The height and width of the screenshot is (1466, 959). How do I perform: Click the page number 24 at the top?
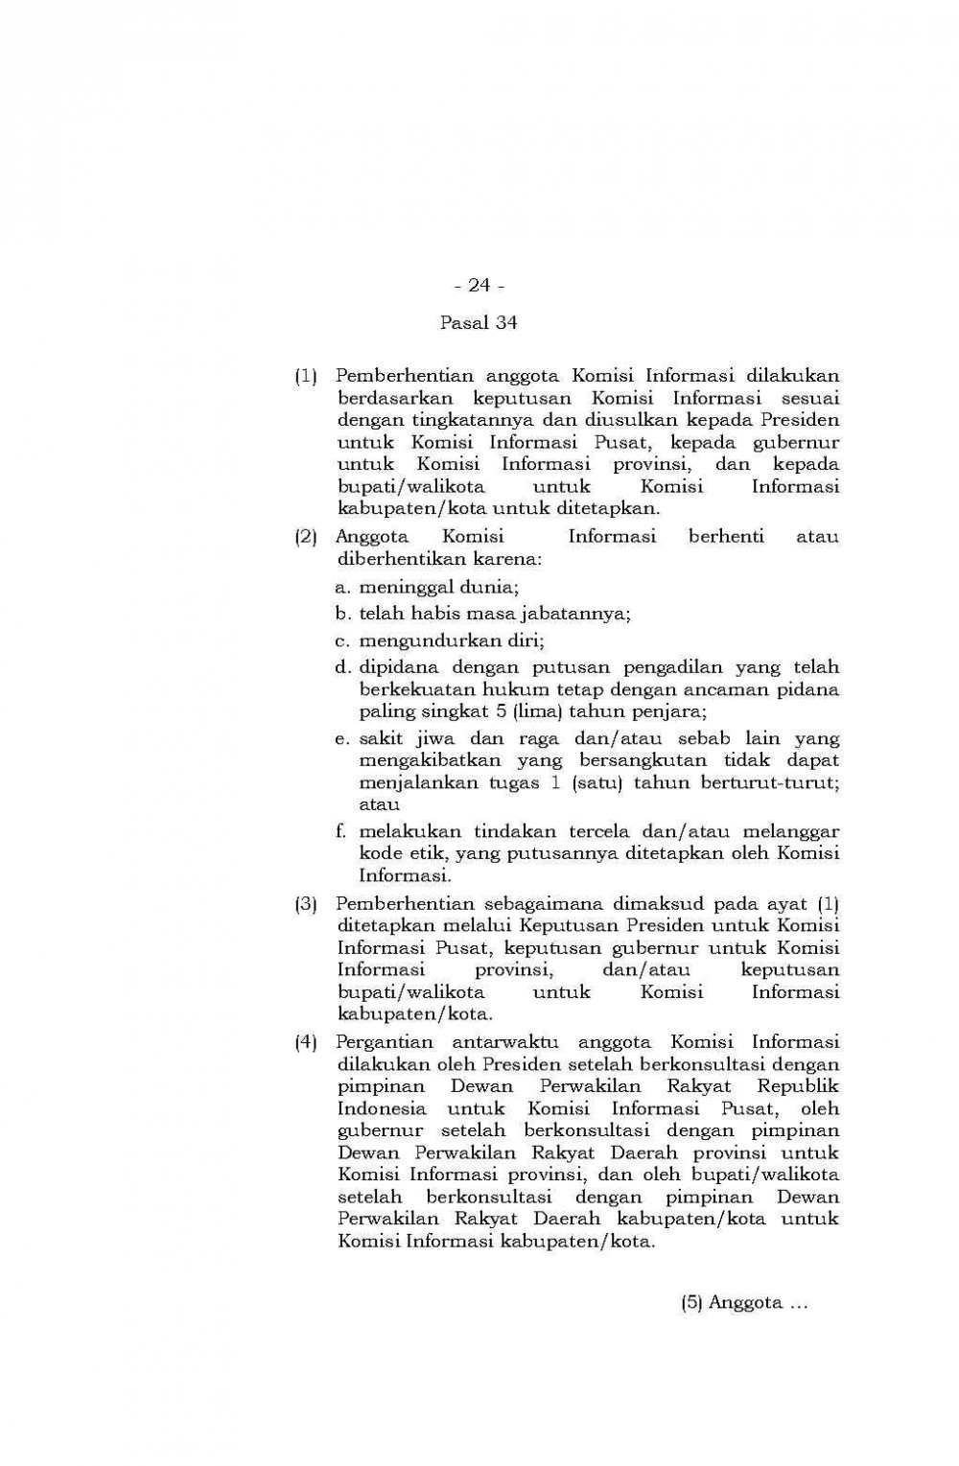[479, 285]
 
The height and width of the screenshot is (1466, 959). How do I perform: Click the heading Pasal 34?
[479, 322]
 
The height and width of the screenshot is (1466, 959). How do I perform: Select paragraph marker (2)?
[306, 537]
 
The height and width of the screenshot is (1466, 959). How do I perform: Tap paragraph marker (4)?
[306, 1042]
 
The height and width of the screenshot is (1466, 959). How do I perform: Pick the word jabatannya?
[580, 614]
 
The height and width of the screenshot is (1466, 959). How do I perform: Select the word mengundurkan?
[423, 640]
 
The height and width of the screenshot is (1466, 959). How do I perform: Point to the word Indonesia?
[383, 1108]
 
